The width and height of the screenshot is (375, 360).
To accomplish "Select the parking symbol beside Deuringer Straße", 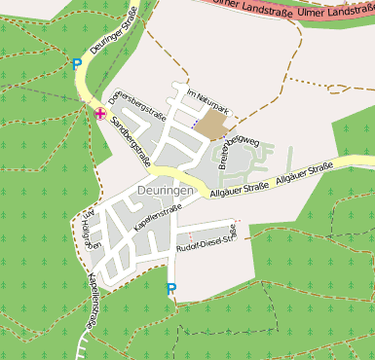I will [77, 64].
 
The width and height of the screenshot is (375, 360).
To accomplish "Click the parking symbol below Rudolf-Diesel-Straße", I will [171, 288].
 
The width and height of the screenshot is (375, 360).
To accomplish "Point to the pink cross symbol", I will [100, 113].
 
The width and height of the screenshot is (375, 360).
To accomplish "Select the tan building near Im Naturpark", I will [213, 124].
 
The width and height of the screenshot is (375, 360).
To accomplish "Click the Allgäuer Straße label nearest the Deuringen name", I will [240, 190].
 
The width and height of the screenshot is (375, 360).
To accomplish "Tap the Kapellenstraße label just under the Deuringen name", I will [159, 213].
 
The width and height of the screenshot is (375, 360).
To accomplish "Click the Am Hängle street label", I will [91, 231].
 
